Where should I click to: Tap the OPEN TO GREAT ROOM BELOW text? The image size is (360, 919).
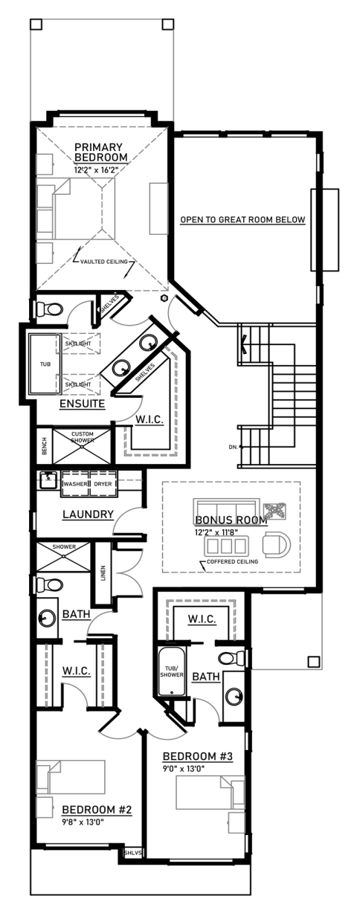(243, 219)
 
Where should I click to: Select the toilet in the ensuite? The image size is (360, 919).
(50, 308)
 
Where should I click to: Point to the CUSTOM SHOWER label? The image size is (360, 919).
(83, 437)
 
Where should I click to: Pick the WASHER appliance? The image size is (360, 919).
(75, 484)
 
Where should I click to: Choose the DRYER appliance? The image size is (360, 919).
(103, 484)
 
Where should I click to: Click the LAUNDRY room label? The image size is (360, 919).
(88, 514)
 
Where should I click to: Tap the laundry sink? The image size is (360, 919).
(49, 480)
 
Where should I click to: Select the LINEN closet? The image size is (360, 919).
(103, 573)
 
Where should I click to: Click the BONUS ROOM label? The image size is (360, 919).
(231, 520)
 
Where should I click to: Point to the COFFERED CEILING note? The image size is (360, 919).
(233, 561)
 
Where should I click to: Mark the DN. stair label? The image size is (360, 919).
(233, 447)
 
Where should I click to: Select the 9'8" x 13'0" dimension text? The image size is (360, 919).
(83, 822)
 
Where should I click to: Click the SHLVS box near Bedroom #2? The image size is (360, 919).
(132, 853)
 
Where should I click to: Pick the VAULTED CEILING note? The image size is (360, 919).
(104, 262)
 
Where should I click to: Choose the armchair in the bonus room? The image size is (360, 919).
(276, 545)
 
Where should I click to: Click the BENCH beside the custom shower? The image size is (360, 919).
(45, 446)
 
